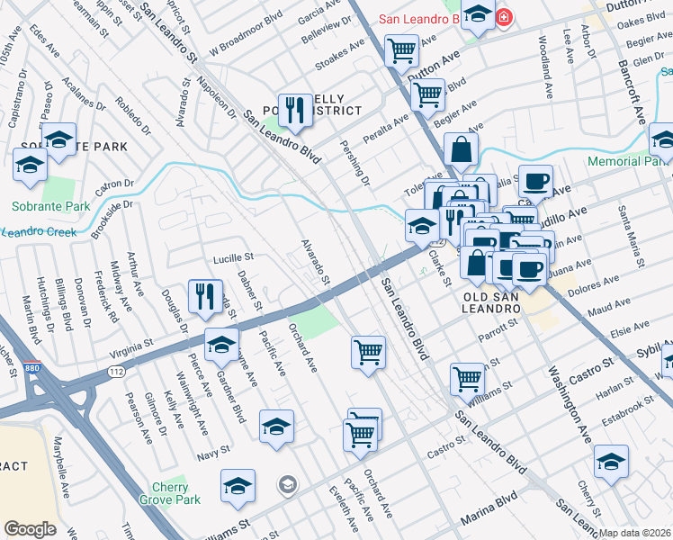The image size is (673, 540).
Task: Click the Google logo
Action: (x=30, y=529)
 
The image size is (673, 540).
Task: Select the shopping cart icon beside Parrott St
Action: (x=368, y=351)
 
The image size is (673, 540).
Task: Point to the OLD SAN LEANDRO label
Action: (x=492, y=302)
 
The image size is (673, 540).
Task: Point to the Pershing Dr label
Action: (x=354, y=162)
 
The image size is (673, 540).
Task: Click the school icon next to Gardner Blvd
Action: (x=222, y=343)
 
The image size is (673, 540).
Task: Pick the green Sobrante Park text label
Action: (x=50, y=206)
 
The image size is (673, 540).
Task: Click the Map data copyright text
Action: (x=634, y=533)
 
